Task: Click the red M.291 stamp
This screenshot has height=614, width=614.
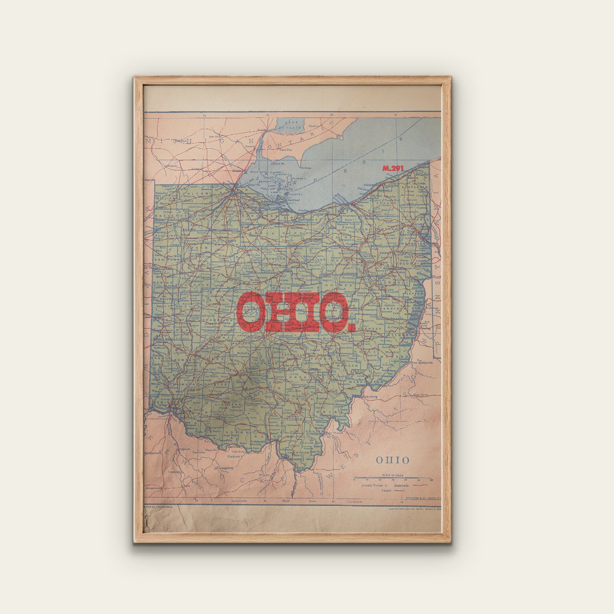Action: (392, 168)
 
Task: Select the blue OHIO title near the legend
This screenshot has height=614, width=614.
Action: (392, 460)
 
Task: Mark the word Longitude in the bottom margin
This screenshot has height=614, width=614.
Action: (240, 501)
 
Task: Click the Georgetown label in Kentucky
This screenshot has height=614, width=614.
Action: (154, 488)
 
